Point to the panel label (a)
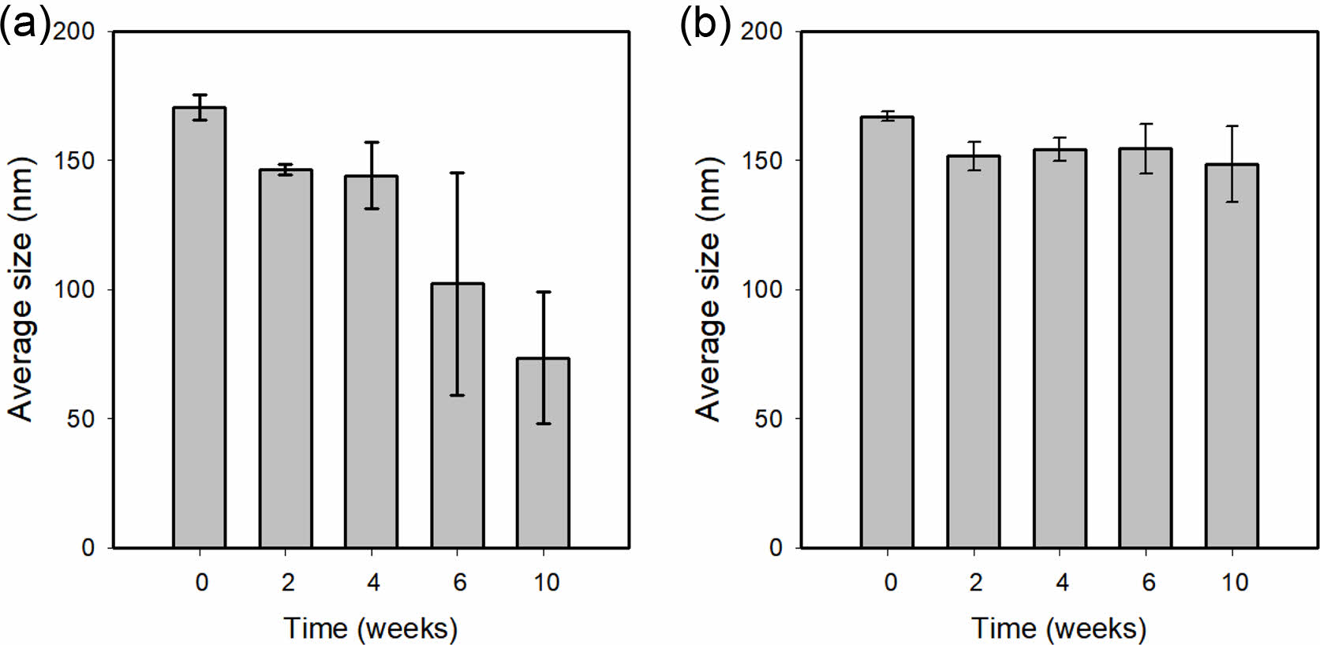(24, 24)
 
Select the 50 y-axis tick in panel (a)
(80, 419)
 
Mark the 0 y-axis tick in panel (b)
(776, 548)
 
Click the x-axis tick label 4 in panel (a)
(373, 583)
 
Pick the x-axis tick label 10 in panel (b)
(1235, 583)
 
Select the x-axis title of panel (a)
(370, 628)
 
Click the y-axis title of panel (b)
(708, 289)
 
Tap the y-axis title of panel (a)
(21, 289)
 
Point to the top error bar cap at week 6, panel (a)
(458, 173)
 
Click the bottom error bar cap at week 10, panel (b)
(1232, 202)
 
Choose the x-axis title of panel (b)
(1059, 628)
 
